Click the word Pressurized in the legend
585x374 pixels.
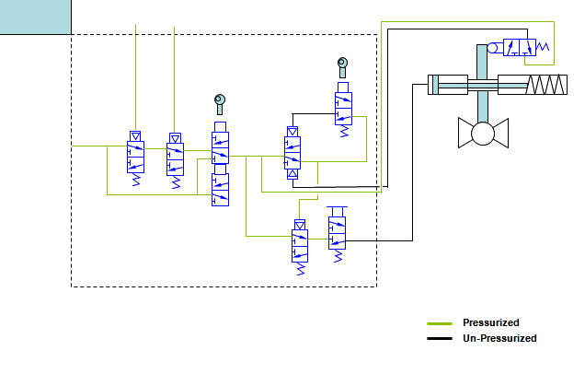click(x=490, y=322)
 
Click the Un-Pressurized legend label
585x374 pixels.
click(x=499, y=338)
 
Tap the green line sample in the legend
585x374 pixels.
click(x=440, y=323)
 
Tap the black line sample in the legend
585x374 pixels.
click(x=440, y=339)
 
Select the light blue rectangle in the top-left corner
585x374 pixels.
click(x=35, y=17)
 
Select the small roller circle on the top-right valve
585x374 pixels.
click(x=494, y=48)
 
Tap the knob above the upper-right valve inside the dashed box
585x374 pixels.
click(x=342, y=64)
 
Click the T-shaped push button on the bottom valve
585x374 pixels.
click(x=336, y=213)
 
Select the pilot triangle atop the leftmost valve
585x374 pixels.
click(x=135, y=137)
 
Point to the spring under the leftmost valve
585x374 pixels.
click(x=135, y=181)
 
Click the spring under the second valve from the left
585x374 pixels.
click(x=175, y=181)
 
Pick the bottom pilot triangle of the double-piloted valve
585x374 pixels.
click(x=292, y=173)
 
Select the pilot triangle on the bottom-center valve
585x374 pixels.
click(x=300, y=225)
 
